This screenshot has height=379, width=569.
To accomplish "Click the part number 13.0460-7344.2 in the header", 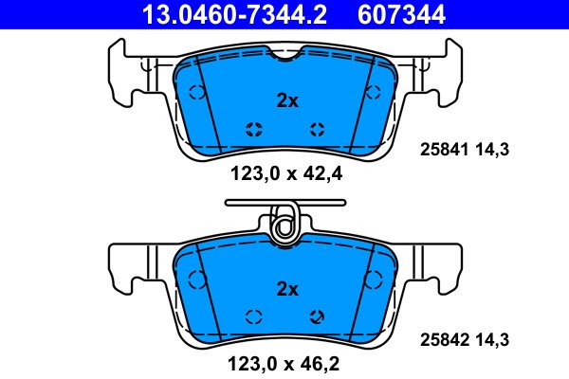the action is [x=234, y=14].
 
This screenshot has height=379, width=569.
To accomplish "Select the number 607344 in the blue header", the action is [x=401, y=14].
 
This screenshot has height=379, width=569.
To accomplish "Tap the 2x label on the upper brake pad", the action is [x=287, y=100].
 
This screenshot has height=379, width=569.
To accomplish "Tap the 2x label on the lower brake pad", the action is [x=287, y=289].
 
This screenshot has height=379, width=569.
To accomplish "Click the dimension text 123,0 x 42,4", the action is [x=286, y=174].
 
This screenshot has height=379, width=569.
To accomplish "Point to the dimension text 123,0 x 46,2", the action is [x=284, y=364].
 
